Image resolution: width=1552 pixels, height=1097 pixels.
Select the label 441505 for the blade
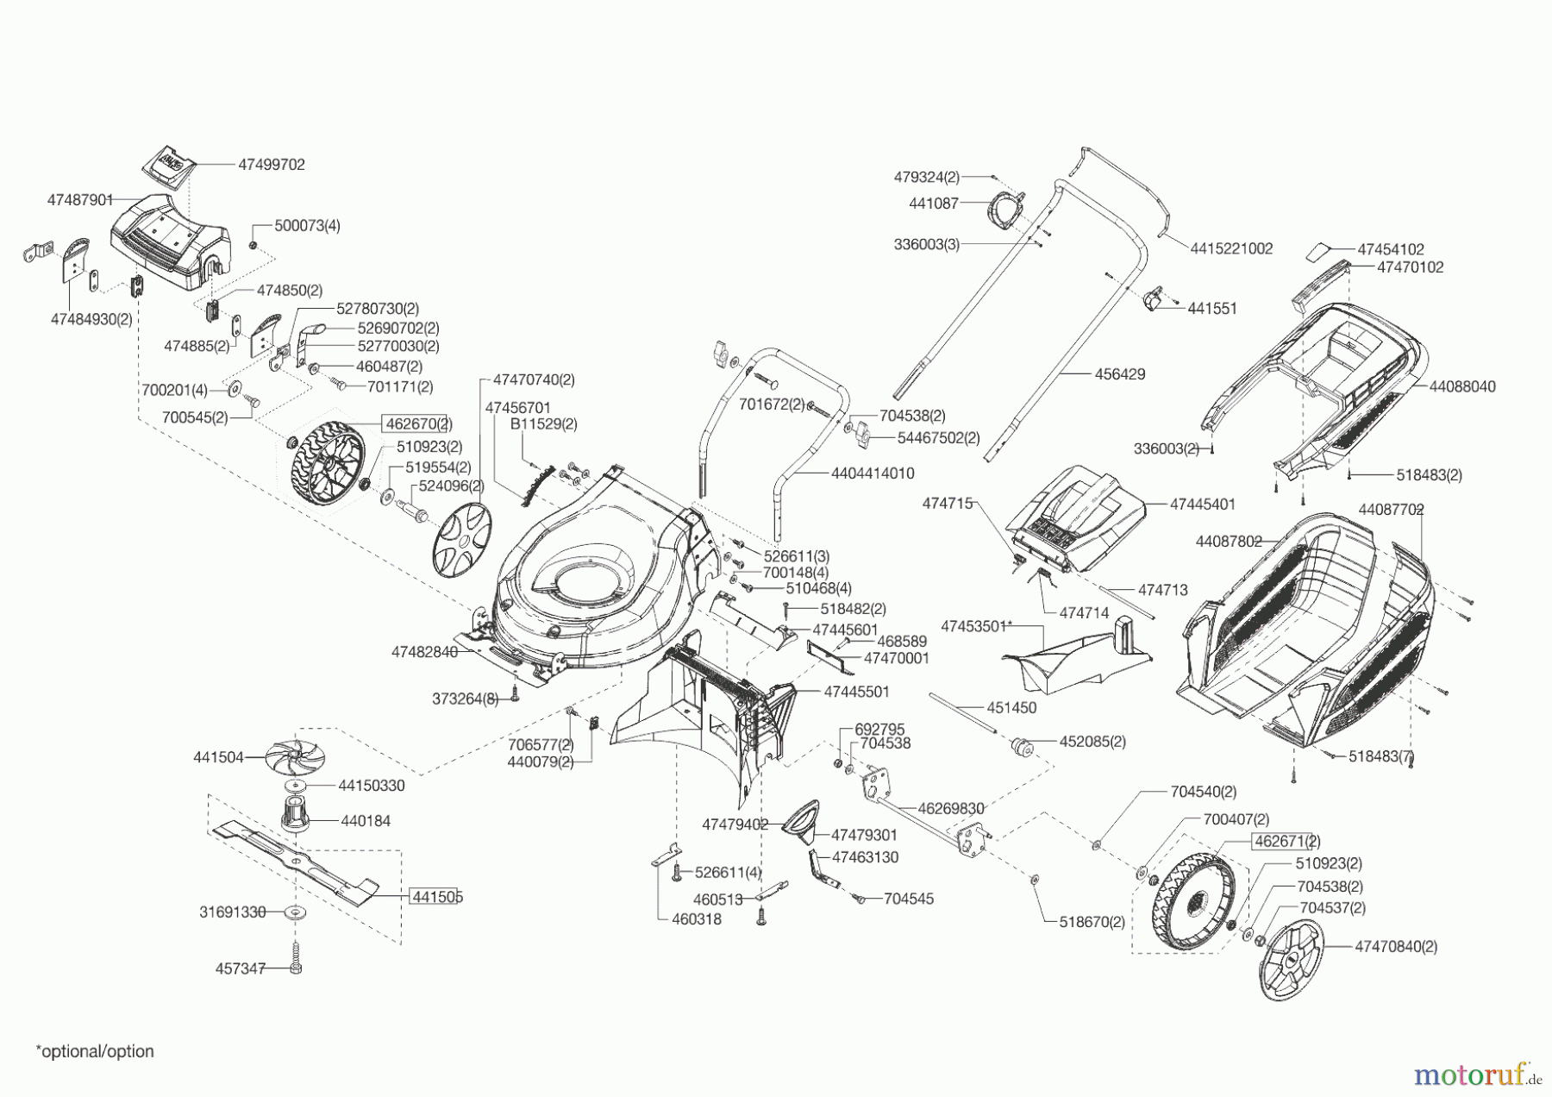click(436, 897)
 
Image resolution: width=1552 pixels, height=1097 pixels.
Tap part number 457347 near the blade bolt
click(240, 968)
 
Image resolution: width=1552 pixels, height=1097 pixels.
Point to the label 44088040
click(1462, 387)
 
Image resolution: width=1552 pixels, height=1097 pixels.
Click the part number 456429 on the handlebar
click(1120, 374)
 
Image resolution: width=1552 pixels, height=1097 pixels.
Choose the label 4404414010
click(873, 473)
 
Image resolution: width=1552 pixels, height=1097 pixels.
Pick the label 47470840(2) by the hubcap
click(1396, 946)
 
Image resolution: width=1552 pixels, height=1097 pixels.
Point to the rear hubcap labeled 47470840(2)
click(1291, 960)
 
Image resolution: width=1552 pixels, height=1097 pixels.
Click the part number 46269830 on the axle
click(951, 809)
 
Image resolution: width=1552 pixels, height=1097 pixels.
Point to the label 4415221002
click(1231, 248)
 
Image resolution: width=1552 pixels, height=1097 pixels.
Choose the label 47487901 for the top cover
click(80, 200)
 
